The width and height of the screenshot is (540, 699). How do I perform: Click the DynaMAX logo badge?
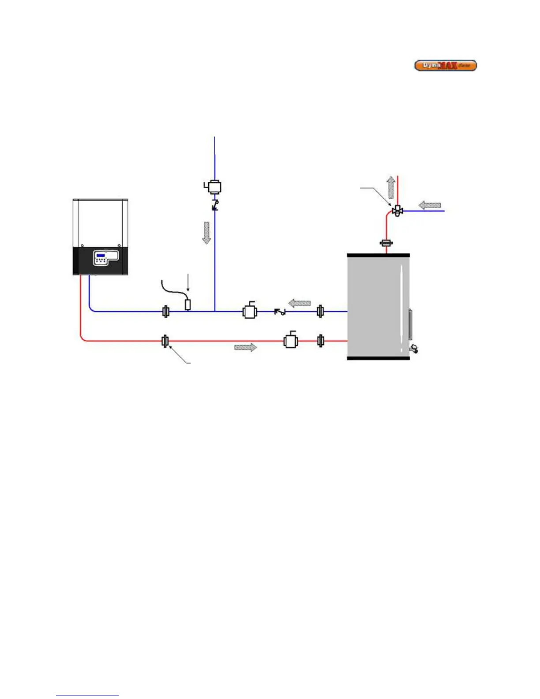click(x=445, y=66)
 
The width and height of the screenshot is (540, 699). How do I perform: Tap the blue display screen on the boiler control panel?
click(x=101, y=256)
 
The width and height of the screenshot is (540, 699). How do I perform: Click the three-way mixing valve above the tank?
click(x=397, y=210)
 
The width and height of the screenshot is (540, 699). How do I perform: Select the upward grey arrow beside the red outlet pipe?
click(x=391, y=187)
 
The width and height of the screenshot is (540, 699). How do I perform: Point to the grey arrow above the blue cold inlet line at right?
click(x=429, y=205)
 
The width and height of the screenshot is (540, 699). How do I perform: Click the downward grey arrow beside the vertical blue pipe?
click(x=206, y=233)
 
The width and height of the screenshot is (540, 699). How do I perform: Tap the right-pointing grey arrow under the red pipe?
click(x=245, y=347)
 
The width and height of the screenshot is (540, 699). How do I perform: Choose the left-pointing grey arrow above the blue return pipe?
click(x=300, y=303)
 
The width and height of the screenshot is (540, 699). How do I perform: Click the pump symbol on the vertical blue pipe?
click(x=214, y=187)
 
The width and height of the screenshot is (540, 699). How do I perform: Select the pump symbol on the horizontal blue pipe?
click(x=250, y=312)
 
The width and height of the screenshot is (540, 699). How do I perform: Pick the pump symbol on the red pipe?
click(x=291, y=341)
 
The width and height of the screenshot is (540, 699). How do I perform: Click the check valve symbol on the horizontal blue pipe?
click(x=280, y=312)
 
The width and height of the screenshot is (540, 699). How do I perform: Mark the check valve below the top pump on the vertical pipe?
click(x=215, y=205)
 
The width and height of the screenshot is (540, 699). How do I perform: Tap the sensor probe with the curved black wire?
click(x=187, y=304)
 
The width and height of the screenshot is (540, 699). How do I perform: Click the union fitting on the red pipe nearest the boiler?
click(x=165, y=341)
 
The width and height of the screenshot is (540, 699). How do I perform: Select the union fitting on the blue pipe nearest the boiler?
click(x=165, y=312)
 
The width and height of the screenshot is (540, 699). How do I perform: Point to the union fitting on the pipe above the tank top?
click(x=387, y=243)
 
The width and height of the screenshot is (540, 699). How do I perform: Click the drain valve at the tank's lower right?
click(x=414, y=349)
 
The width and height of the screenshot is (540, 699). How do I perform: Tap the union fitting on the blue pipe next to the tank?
click(x=321, y=312)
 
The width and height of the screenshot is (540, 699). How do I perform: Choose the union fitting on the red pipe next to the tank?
click(x=321, y=341)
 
